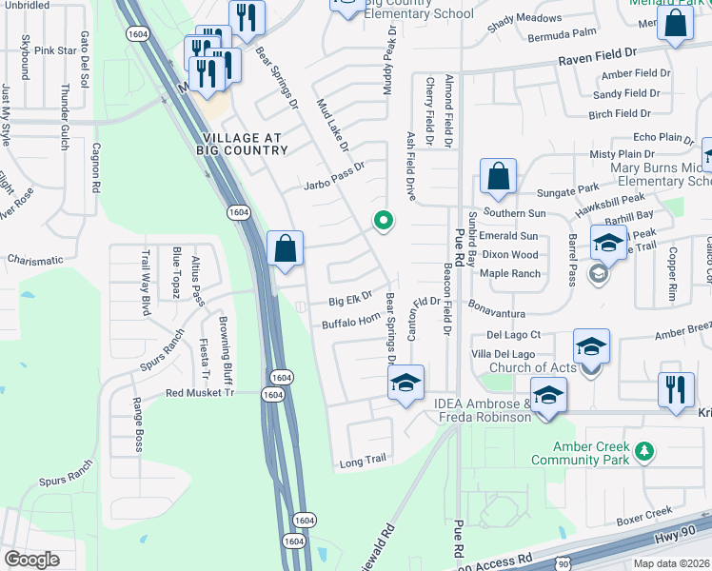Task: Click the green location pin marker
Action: tap(384, 221)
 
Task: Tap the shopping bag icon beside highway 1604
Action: tap(286, 250)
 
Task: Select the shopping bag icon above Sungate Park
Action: tap(499, 177)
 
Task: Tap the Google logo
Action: tap(31, 560)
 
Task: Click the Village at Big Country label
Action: tap(242, 143)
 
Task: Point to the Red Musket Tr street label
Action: tap(199, 392)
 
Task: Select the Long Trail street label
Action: tap(362, 461)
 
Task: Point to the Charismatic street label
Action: tap(34, 259)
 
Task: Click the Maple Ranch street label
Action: tap(510, 274)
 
